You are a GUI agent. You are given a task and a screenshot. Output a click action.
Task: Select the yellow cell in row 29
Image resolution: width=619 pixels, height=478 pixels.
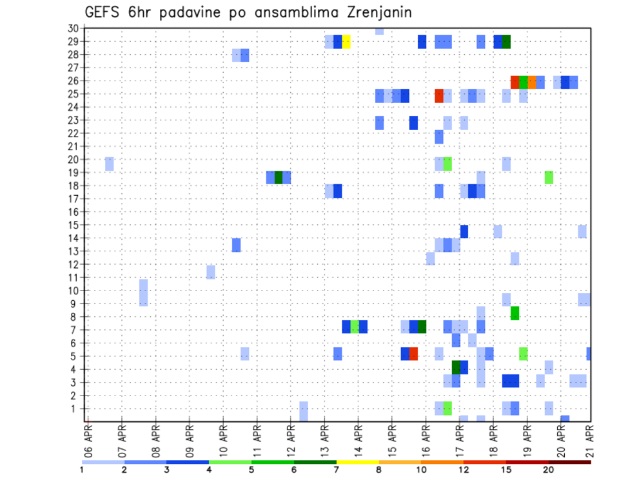[x=346, y=42]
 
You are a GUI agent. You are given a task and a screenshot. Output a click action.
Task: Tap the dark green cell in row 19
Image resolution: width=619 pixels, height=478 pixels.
[x=279, y=177]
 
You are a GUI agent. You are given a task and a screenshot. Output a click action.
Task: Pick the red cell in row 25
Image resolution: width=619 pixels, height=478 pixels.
[x=439, y=96]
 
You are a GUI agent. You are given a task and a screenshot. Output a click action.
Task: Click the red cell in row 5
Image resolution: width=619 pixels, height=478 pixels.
[x=413, y=354]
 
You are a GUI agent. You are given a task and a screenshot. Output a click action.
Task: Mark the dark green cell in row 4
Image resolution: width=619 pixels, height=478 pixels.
[x=456, y=367]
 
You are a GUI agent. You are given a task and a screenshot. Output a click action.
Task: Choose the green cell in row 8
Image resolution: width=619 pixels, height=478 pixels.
[x=515, y=314]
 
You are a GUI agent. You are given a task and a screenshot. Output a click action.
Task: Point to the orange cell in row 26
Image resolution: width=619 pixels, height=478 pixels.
[x=532, y=82]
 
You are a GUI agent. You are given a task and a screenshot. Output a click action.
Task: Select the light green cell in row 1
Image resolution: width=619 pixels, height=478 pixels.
[x=447, y=408]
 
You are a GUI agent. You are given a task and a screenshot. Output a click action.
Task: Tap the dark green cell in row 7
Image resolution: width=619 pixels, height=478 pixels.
[x=422, y=327]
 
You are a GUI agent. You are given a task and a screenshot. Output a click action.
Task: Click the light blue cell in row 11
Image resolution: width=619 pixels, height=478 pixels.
[x=211, y=272]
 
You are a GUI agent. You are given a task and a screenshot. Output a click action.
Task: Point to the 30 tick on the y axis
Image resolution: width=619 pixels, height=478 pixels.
[x=73, y=28]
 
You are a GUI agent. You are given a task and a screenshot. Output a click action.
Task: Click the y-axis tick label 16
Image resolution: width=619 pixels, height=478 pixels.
[x=73, y=212]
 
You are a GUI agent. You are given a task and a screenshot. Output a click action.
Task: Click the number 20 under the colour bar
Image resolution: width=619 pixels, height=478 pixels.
[x=548, y=469]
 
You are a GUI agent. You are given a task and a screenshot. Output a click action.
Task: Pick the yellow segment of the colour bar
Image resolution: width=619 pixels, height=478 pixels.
[x=358, y=462]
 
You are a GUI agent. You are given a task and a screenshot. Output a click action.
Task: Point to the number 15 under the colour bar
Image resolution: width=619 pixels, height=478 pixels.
[x=506, y=469]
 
